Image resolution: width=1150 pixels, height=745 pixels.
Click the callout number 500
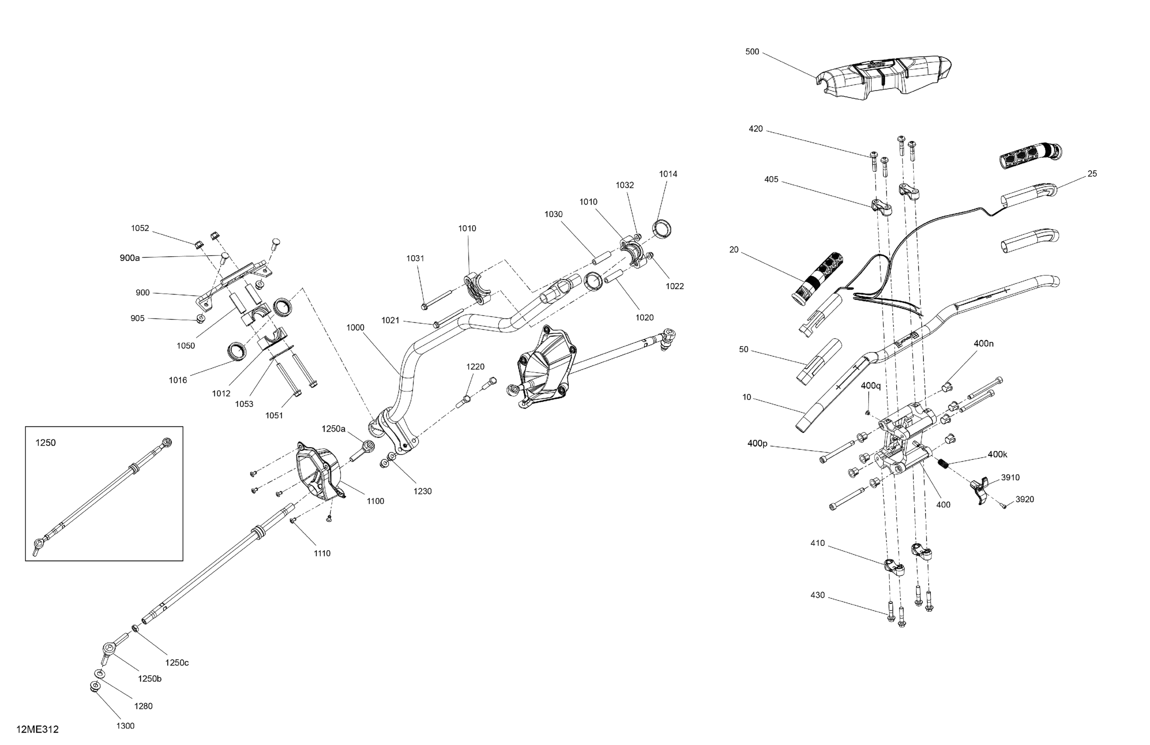coord(752,52)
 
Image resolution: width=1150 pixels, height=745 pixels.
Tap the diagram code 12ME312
coord(37,729)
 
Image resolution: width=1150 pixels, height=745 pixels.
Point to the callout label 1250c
coord(177,662)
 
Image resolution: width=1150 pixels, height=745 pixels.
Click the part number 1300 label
coord(125,726)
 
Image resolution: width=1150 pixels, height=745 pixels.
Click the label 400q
coord(871,386)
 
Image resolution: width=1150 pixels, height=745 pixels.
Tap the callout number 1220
coord(475,367)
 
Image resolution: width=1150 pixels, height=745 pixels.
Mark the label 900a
coord(130,258)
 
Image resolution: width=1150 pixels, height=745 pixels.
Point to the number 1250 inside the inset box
coord(46,443)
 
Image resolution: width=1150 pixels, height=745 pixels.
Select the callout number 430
coord(817,595)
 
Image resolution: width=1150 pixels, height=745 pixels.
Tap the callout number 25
coord(1092,174)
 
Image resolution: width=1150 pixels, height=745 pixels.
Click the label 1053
coord(244,404)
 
